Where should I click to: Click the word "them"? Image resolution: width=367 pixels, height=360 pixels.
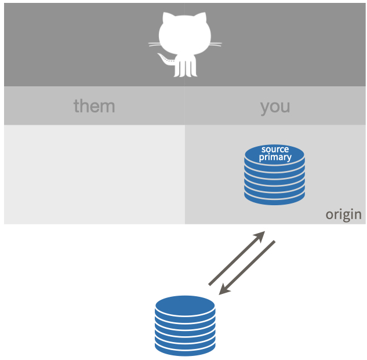pos(95,106)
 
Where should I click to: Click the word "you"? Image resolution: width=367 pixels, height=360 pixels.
pos(275,108)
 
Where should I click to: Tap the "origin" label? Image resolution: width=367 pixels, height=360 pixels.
pos(344,214)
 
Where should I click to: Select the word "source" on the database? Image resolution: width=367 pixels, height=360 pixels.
pos(275,150)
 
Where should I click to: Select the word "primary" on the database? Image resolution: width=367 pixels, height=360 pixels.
pos(275,157)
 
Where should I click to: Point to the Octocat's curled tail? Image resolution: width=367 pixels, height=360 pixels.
pos(166,60)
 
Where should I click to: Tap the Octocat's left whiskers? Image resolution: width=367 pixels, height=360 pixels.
pos(154,44)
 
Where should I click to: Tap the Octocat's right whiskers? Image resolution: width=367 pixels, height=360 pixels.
pos(215,44)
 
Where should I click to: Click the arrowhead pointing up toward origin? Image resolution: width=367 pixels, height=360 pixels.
pos(260,236)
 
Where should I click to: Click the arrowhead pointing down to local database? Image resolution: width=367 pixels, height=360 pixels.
pos(224,290)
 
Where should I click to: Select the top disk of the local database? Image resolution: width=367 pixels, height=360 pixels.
pos(185,306)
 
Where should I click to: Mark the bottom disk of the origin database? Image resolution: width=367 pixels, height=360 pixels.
pos(275,198)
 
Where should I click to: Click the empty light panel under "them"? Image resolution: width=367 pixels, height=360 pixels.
pos(95,174)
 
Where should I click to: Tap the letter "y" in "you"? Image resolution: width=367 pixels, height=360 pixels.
pos(264,108)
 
